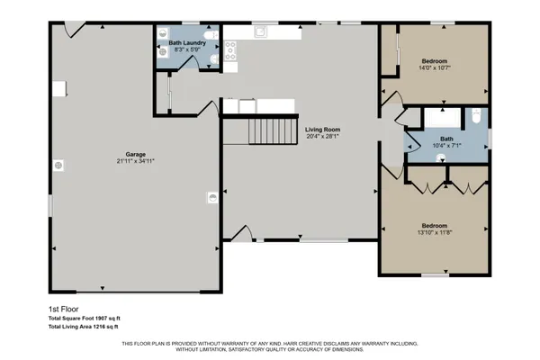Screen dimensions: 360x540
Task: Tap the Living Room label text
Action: coord(321,130)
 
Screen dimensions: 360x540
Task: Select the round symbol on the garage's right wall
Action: coord(212,191)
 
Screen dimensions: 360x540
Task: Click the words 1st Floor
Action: coord(64,309)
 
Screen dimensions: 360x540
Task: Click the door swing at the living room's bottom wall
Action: coord(241,232)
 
